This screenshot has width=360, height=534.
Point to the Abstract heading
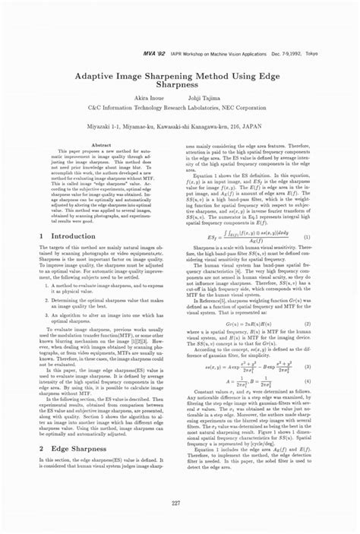point(101,144)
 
